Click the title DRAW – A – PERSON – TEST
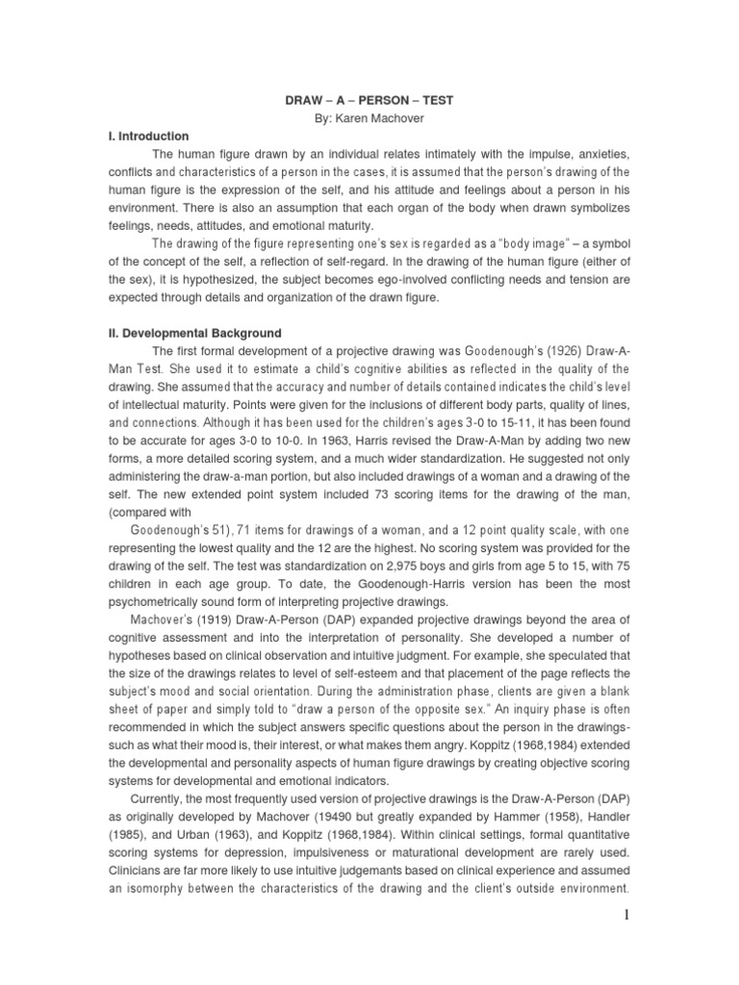pyautogui.click(x=369, y=98)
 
